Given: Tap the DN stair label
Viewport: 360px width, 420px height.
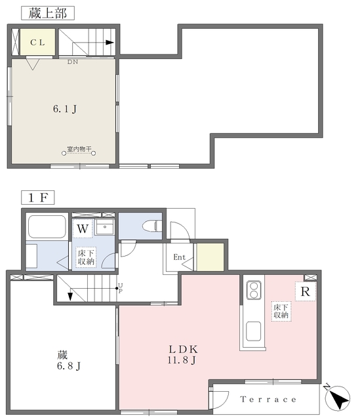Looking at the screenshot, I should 72,62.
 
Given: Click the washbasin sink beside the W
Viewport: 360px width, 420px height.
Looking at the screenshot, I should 104,228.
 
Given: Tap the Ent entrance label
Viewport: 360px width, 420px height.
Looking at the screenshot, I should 178,257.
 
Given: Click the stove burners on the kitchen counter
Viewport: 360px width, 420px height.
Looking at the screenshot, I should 254,289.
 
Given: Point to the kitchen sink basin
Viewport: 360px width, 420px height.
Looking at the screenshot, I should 253,332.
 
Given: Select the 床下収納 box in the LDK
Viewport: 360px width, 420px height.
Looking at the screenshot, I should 281,311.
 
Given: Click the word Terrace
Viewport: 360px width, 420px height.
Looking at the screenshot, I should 268,400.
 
